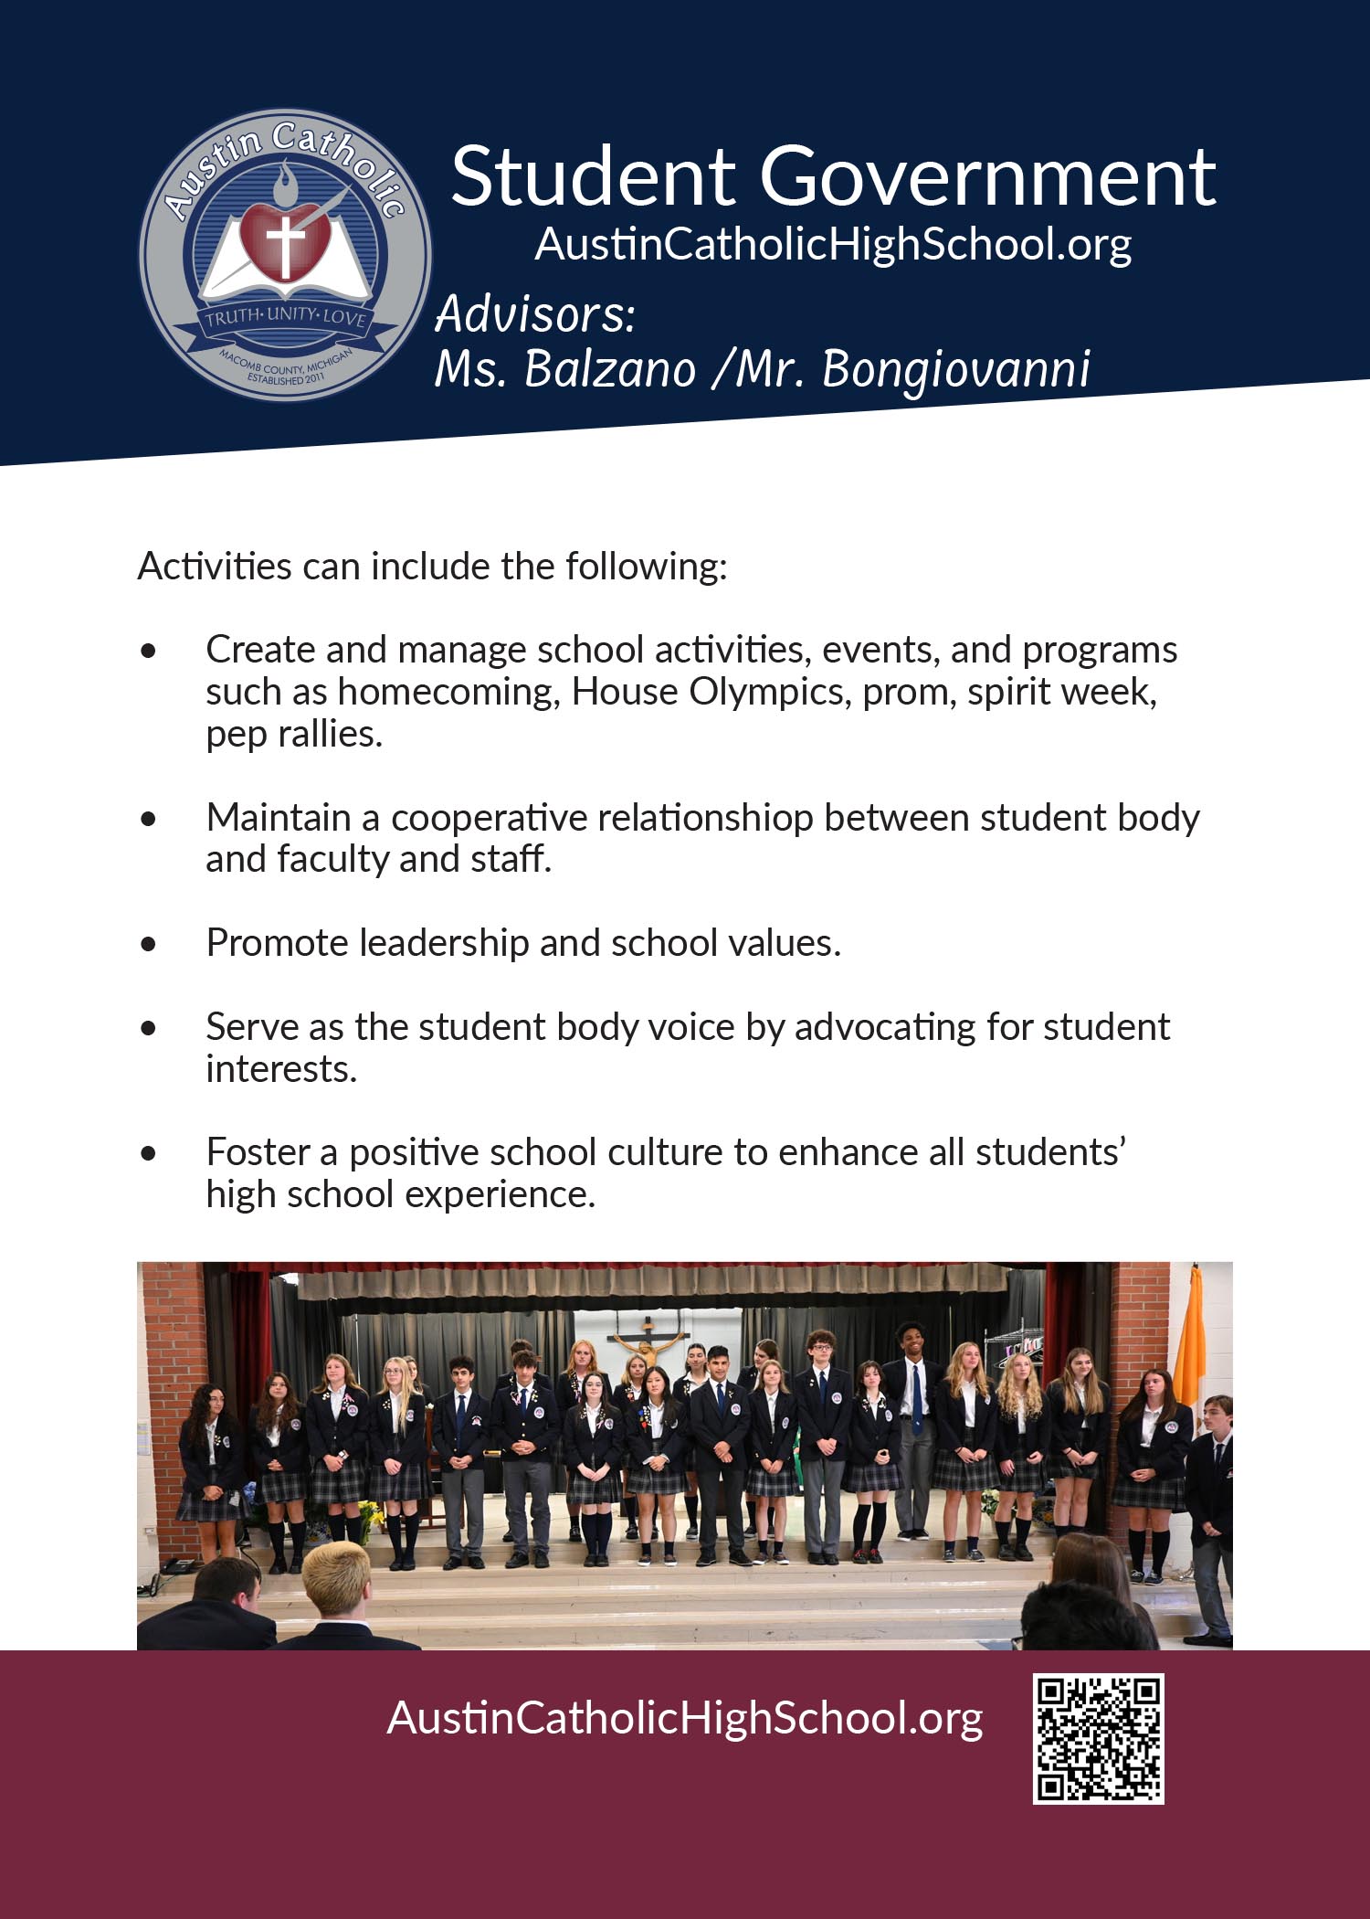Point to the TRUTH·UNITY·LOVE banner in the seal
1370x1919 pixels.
click(286, 318)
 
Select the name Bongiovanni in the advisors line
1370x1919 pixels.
click(955, 369)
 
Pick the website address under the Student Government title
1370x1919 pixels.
click(833, 244)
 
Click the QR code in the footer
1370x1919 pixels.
click(1098, 1738)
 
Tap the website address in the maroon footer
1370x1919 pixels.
click(684, 1718)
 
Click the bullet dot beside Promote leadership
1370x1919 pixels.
click(149, 944)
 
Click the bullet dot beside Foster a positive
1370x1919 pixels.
click(149, 1153)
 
